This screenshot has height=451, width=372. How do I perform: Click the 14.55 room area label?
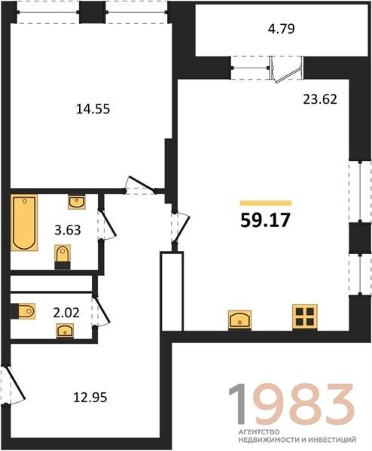(93, 109)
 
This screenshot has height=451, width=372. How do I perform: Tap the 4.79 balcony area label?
(281, 29)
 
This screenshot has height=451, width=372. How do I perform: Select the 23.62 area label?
(320, 99)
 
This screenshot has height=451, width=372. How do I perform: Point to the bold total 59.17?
(265, 221)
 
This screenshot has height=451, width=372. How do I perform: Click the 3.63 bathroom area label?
(68, 230)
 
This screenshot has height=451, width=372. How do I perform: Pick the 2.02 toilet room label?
(66, 313)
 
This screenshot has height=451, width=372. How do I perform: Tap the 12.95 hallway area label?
(90, 398)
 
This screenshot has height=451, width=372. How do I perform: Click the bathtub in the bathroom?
(24, 222)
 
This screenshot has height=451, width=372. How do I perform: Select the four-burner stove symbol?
(305, 316)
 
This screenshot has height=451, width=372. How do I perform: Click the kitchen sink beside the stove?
(239, 319)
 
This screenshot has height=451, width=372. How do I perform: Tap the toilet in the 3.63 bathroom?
(63, 257)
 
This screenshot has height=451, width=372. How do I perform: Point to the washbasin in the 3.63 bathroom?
(77, 201)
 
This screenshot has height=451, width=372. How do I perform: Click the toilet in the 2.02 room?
(23, 311)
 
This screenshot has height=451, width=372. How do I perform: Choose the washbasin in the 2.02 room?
(65, 330)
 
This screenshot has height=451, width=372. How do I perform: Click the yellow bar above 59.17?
(266, 203)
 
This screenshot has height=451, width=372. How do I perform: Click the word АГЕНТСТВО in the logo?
(259, 432)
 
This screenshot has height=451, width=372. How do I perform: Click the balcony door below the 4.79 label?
(286, 70)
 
